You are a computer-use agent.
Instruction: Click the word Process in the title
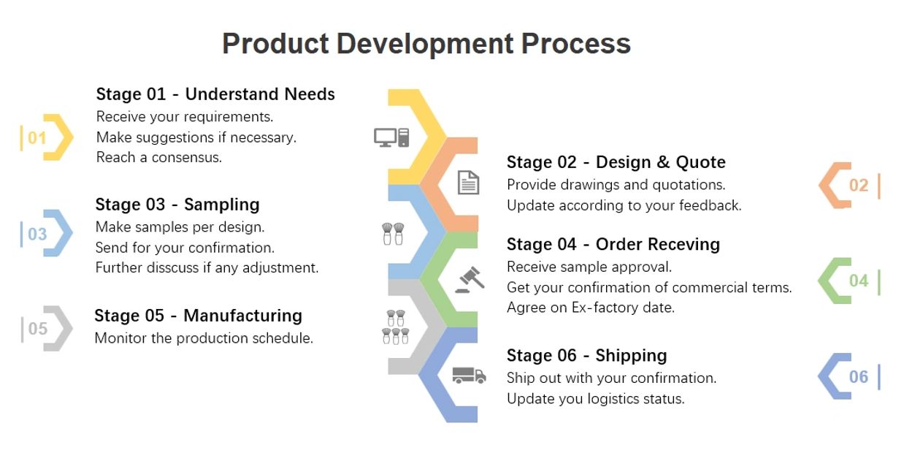tap(576, 43)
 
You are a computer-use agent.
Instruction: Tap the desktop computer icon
tap(391, 137)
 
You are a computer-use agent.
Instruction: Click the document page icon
tap(468, 183)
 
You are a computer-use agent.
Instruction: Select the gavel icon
tap(470, 279)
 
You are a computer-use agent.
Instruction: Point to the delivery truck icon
tap(469, 375)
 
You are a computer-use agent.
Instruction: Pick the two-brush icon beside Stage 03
tap(393, 234)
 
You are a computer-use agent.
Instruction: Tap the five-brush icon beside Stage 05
tap(396, 327)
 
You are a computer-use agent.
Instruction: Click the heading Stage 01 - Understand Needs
tap(215, 94)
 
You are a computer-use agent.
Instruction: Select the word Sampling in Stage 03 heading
tap(221, 205)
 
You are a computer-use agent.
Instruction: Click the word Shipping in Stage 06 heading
tap(631, 356)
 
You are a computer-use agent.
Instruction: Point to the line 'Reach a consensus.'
tap(159, 157)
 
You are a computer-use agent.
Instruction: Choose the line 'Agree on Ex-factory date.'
tap(591, 308)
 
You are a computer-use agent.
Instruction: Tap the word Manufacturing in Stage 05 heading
tap(242, 316)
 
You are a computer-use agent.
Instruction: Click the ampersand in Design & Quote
tap(663, 162)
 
